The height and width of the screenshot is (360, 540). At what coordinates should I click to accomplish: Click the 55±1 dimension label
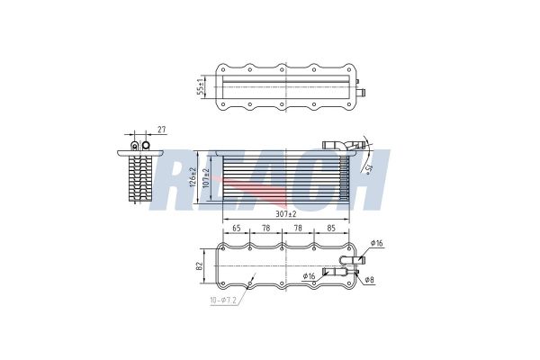[200, 88]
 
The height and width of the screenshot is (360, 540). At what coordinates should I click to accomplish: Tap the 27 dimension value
[163, 130]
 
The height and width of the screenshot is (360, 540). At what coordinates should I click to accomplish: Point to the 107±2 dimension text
[206, 176]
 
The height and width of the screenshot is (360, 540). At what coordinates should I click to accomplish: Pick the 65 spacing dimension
[238, 229]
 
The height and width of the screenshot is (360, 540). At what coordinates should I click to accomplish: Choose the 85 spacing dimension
[332, 229]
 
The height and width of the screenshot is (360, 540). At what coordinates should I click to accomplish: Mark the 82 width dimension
[200, 267]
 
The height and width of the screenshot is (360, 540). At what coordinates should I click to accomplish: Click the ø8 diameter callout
[370, 281]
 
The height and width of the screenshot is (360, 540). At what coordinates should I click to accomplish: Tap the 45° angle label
[369, 167]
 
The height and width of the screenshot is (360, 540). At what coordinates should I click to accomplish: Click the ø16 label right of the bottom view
[377, 244]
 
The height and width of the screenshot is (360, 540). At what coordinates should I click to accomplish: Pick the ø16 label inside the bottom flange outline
[310, 275]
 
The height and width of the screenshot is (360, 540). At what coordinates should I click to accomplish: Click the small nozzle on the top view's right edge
[359, 90]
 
